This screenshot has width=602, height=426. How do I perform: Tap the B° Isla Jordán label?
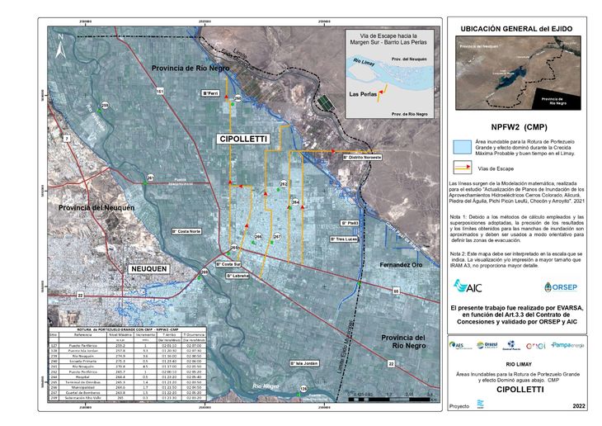point(304,362)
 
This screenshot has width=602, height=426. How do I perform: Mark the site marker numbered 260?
point(238,99)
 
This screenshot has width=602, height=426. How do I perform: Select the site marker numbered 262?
point(284,183)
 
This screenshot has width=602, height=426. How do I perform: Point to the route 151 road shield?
point(160,90)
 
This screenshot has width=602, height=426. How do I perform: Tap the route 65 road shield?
point(395,291)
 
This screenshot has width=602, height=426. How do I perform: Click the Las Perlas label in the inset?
point(364,93)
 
